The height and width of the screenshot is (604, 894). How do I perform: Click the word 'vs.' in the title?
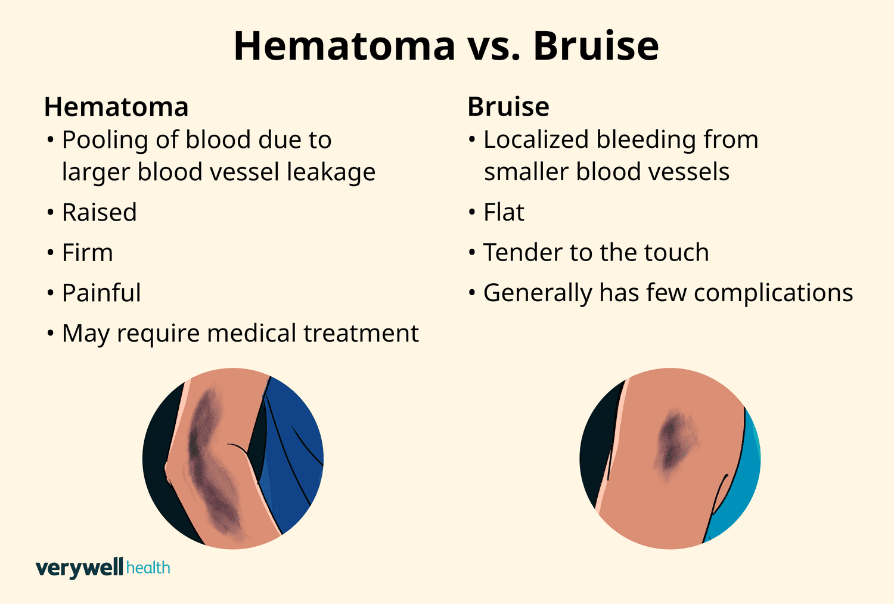pyautogui.click(x=494, y=47)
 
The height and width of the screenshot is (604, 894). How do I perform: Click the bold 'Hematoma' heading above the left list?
pyautogui.click(x=116, y=107)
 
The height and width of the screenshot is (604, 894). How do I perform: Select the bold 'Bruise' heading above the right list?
pyautogui.click(x=508, y=107)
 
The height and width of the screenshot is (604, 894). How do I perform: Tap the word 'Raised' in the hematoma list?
pyautogui.click(x=100, y=212)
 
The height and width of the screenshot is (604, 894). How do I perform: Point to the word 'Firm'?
pyautogui.click(x=88, y=253)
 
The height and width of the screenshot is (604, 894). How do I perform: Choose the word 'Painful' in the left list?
pyautogui.click(x=101, y=293)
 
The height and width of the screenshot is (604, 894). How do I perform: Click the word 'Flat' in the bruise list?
pyautogui.click(x=504, y=212)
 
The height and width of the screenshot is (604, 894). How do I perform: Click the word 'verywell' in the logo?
pyautogui.click(x=79, y=567)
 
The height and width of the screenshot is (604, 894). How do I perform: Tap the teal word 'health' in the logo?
pyautogui.click(x=148, y=567)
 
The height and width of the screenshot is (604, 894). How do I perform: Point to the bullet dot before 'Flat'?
pyautogui.click(x=472, y=212)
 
